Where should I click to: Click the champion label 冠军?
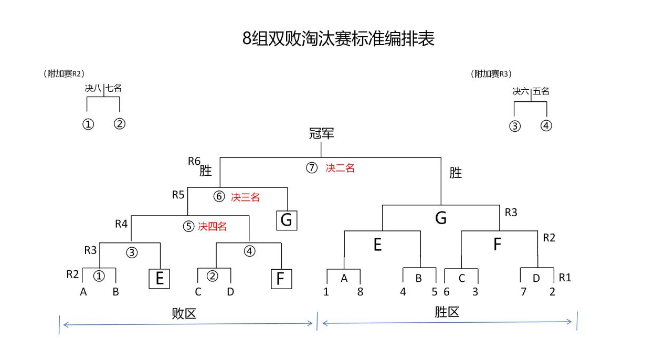click(x=321, y=134)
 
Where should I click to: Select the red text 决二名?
click(x=340, y=168)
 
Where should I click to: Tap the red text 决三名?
click(x=245, y=197)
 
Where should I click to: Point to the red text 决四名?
click(x=213, y=227)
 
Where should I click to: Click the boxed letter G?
click(x=287, y=220)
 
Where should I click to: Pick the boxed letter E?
click(x=160, y=279)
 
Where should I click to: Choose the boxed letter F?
click(x=281, y=279)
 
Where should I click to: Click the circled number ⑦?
click(x=312, y=168)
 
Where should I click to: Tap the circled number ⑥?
click(x=219, y=197)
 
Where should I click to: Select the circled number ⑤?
click(x=188, y=227)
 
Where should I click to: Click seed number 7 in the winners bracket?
click(x=523, y=292)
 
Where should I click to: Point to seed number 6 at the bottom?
click(x=447, y=292)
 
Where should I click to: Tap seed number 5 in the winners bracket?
click(x=434, y=292)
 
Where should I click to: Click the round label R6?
click(x=194, y=161)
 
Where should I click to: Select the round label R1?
click(x=565, y=278)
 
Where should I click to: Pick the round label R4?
click(x=121, y=224)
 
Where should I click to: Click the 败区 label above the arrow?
click(x=184, y=314)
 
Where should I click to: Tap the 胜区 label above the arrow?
click(x=447, y=312)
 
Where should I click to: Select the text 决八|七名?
click(x=103, y=88)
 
